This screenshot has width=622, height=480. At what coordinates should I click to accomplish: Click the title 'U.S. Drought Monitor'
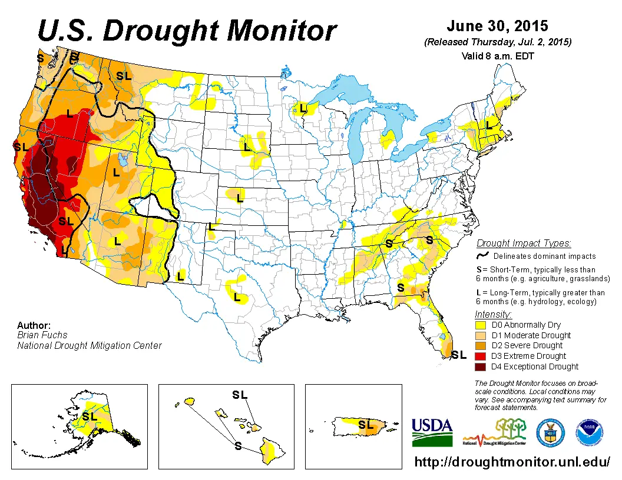pos(187,31)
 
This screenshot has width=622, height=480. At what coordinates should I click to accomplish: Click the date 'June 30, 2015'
pos(497,26)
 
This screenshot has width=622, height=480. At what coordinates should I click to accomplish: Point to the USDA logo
pos(432,432)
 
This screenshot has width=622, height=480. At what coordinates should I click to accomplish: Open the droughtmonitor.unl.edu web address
pos(512,462)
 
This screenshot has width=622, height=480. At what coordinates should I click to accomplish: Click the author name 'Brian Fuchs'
pos(42,335)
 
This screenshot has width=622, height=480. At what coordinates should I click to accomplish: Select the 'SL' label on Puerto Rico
pos(366,424)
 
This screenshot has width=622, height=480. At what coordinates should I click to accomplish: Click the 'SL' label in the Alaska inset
pos(89,416)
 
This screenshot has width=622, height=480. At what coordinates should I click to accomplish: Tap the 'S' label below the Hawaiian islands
pos(238,445)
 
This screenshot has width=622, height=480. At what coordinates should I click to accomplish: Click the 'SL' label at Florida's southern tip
pos(459,355)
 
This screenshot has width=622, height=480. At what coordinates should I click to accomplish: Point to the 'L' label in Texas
pos(237,298)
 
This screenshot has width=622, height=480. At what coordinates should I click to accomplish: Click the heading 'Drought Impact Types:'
pos(524,244)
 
